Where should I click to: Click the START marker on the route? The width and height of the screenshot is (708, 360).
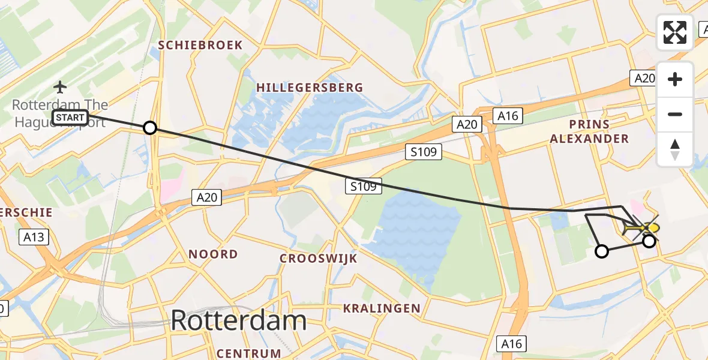(x=71, y=118)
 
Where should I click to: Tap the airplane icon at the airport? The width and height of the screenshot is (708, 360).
(x=60, y=87)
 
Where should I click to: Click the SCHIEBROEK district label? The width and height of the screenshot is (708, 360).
(x=200, y=45)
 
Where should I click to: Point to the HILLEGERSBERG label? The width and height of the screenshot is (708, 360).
(x=310, y=88)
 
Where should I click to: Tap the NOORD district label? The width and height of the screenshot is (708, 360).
(x=213, y=254)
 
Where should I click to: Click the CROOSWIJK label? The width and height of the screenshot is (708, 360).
(x=319, y=259)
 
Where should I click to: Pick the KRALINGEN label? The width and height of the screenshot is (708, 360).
(x=382, y=308)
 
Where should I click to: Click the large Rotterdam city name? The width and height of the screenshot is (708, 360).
(x=239, y=320)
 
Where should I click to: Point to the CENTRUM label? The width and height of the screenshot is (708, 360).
(x=249, y=353)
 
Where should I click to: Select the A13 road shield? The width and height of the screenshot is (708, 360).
(x=33, y=237)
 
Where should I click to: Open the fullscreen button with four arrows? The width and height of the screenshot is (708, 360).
(x=675, y=32)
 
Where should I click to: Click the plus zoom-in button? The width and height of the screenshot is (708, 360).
(x=675, y=79)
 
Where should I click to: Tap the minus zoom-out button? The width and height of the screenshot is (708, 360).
(x=675, y=114)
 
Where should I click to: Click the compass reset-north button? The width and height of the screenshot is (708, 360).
(x=675, y=149)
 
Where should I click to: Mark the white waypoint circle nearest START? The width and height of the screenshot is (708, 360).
(x=150, y=128)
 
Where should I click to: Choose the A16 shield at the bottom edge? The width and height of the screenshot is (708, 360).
(x=511, y=343)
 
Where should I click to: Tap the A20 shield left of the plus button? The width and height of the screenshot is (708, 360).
(x=644, y=78)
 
